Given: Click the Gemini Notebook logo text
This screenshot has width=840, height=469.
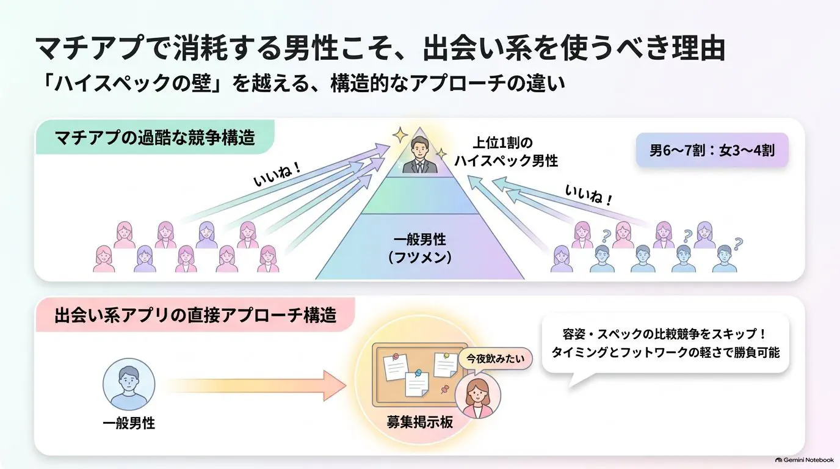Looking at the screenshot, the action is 805,460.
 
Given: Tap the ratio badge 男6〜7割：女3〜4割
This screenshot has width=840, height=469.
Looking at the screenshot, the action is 712,150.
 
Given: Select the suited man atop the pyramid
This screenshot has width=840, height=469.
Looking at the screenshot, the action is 419,155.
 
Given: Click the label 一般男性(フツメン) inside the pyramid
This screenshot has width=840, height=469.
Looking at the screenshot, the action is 419,249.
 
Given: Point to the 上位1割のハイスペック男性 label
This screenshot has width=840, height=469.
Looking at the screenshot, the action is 506,151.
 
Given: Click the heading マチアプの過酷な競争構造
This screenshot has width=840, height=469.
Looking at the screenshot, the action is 155,137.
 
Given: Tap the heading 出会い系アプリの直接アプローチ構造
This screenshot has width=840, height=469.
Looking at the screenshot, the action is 195,314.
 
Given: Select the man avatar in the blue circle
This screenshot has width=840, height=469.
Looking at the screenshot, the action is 129,384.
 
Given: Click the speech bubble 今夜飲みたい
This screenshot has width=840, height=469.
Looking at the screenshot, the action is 495,359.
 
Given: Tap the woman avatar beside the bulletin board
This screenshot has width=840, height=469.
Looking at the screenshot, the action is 478,396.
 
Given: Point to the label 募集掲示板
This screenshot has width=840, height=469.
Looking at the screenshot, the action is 419,422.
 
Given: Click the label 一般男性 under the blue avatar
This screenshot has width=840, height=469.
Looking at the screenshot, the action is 129,423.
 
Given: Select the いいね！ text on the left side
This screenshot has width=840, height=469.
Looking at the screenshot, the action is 277,175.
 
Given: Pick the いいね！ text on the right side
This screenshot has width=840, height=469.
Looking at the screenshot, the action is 588,195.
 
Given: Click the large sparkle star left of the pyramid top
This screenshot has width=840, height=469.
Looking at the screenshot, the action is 400,135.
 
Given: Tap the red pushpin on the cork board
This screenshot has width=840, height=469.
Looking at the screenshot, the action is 445,389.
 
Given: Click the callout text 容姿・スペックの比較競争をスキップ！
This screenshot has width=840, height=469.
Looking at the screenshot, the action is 665,333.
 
